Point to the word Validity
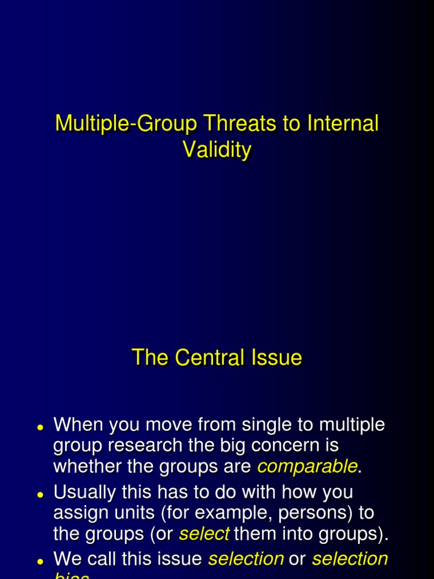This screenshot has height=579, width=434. point(216,150)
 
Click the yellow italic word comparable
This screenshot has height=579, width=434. point(307,467)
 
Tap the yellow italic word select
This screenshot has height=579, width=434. point(204,534)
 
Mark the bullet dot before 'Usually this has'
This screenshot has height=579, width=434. point(40,495)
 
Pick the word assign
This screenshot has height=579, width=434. point(80,513)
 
